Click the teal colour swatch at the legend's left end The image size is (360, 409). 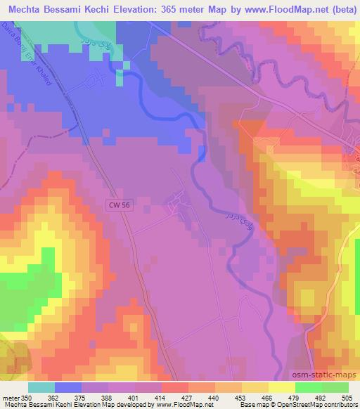[x=41, y=387]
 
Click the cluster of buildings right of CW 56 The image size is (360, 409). [x=176, y=207]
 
